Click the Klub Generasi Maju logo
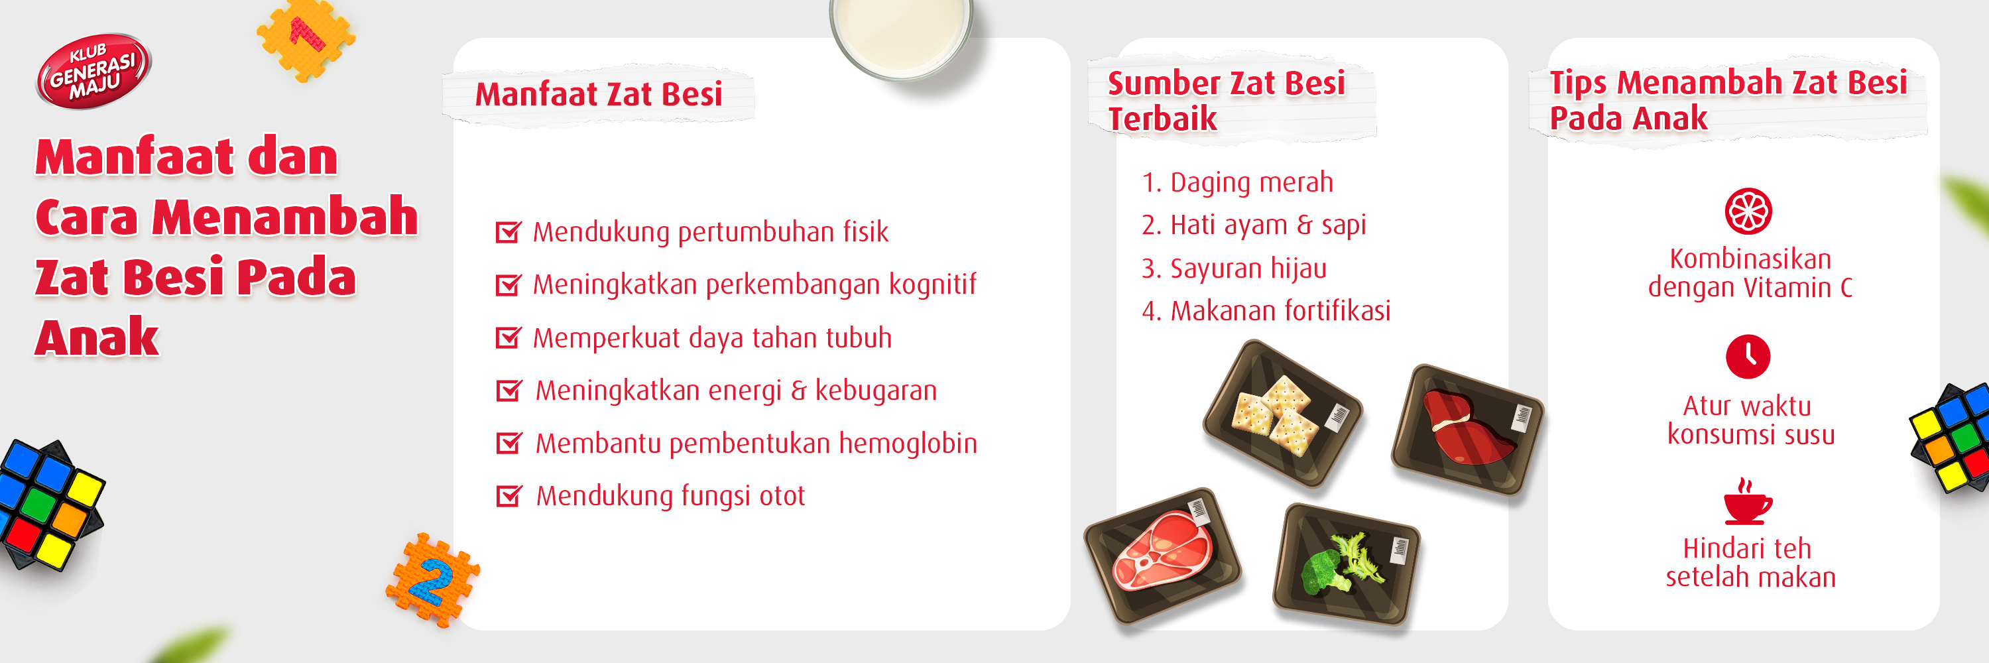point(93,71)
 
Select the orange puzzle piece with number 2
point(432,579)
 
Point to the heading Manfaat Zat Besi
point(599,95)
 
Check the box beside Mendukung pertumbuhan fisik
point(508,231)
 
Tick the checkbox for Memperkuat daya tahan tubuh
point(508,337)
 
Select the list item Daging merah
point(1237,183)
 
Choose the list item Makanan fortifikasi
point(1266,311)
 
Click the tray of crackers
point(1282,414)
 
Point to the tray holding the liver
point(1467,429)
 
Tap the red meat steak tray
point(1163,554)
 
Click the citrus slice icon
point(1748,211)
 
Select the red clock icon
point(1748,357)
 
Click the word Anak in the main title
point(97,337)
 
